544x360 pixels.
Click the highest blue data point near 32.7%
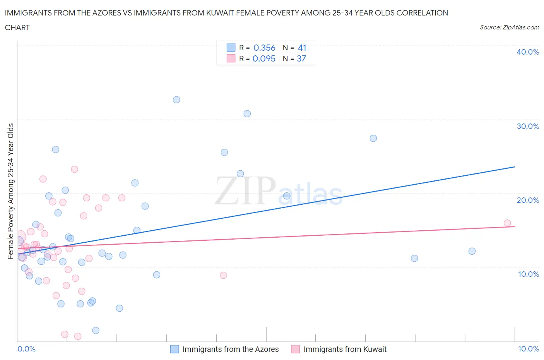tap(176, 99)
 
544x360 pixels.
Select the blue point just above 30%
tap(247, 113)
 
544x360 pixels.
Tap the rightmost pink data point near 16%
tap(507, 223)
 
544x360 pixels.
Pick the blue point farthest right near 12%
tap(472, 251)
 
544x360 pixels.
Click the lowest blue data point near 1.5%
tap(96, 330)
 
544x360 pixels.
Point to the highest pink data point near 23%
tap(74, 169)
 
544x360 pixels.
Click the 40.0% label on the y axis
tap(528, 52)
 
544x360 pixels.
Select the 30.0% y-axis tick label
tap(528, 126)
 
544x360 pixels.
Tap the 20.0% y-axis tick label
tap(528, 200)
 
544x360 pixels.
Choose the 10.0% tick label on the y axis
tap(528, 274)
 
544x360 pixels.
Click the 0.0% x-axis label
tap(26, 349)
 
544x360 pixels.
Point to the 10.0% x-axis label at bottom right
tap(529, 349)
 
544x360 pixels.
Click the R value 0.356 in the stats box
tap(264, 48)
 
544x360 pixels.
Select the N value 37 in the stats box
tap(301, 58)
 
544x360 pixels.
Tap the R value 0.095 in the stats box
tap(264, 58)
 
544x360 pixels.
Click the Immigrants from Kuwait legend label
tap(345, 349)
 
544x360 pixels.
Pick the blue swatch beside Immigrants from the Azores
tap(175, 349)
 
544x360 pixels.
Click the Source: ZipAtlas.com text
tap(509, 27)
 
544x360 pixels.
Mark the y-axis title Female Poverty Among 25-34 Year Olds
tap(10, 191)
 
